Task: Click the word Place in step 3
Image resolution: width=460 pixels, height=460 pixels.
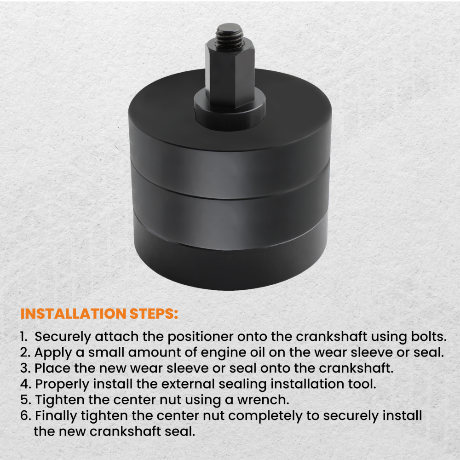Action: pyautogui.click(x=52, y=368)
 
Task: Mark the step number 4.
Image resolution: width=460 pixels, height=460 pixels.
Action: pyautogui.click(x=25, y=384)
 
